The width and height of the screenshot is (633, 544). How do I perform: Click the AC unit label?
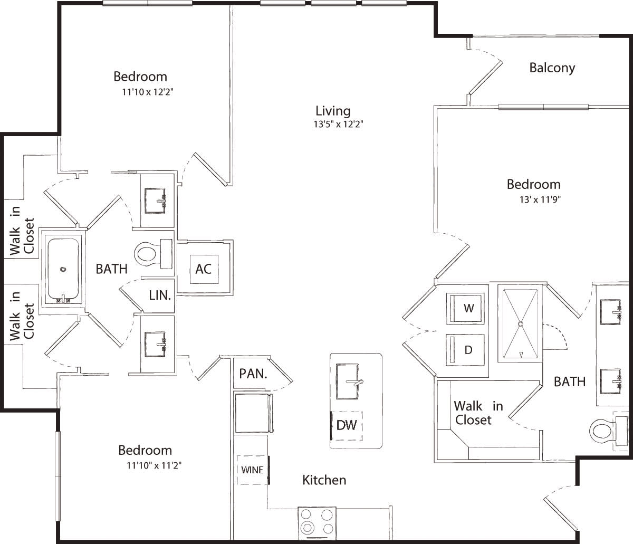click(x=204, y=269)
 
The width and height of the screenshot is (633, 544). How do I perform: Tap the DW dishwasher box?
click(x=347, y=425)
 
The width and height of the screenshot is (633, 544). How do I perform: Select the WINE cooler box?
click(x=253, y=470)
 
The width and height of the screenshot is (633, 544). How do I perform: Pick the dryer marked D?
click(x=466, y=349)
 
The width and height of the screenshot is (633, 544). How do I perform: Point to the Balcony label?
click(x=552, y=68)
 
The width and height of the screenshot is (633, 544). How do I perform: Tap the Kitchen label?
click(x=324, y=480)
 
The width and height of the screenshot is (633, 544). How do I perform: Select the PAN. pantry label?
click(x=253, y=374)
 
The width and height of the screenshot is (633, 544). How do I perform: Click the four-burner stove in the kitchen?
click(x=317, y=521)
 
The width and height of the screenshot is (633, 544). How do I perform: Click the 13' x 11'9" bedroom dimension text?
click(x=539, y=200)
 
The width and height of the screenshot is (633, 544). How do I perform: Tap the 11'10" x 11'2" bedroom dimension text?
click(x=154, y=465)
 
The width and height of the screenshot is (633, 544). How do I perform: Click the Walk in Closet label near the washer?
click(x=477, y=413)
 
